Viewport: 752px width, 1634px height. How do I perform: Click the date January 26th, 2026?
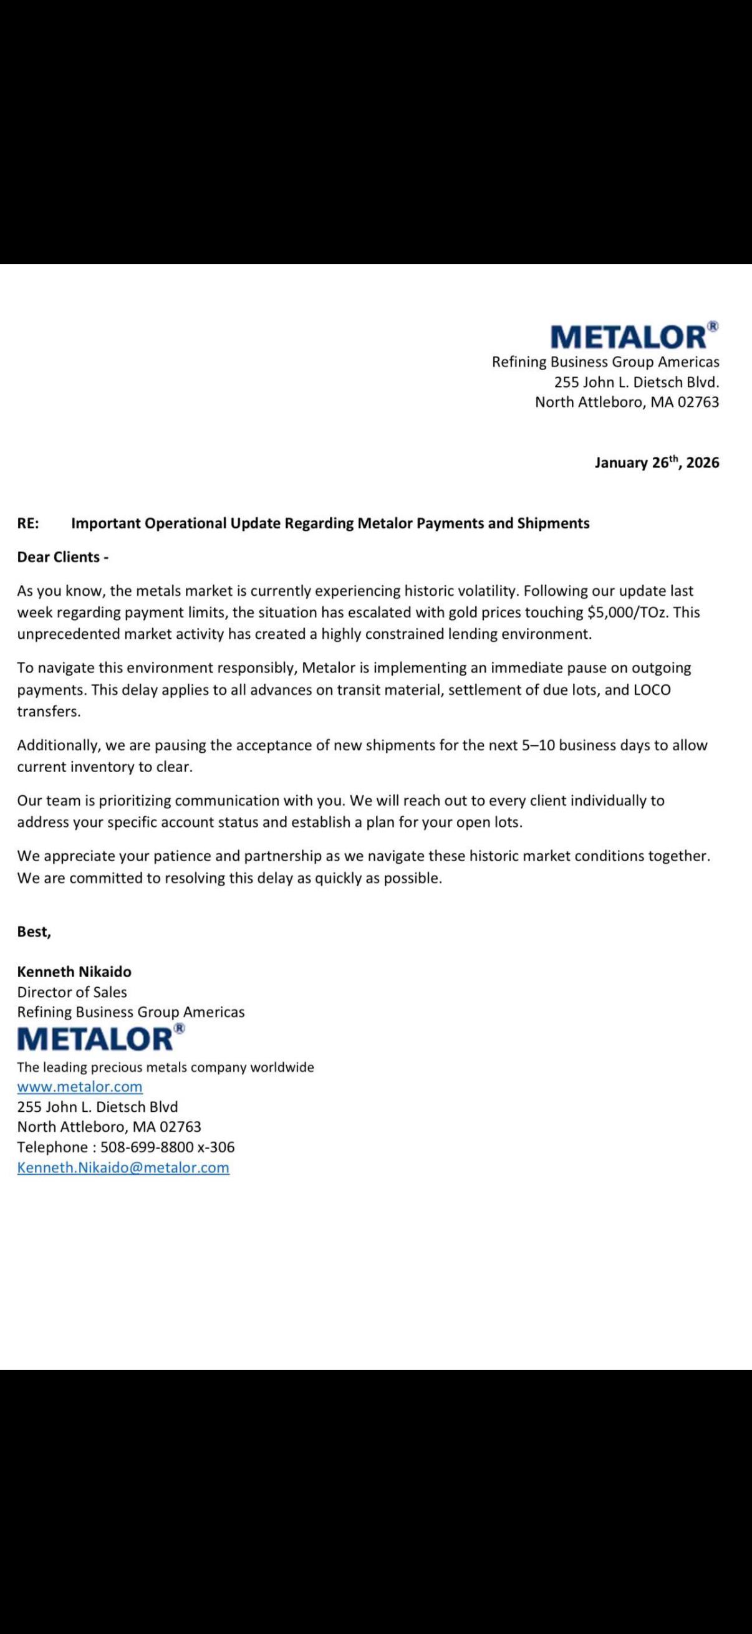point(657,462)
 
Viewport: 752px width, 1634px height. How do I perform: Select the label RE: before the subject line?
point(28,523)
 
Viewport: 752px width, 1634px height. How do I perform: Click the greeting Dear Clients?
point(62,557)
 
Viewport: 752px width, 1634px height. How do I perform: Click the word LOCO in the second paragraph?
point(652,689)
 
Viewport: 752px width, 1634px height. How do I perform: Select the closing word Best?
point(34,931)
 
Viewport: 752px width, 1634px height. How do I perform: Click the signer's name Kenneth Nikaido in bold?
point(74,972)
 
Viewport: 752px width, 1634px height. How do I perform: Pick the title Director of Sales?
point(72,992)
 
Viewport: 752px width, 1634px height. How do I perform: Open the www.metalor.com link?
point(80,1087)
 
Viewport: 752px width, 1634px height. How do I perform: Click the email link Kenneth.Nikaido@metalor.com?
point(123,1168)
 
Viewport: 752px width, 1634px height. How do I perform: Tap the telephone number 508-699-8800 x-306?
point(168,1147)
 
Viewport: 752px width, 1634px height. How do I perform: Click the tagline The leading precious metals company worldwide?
point(166,1067)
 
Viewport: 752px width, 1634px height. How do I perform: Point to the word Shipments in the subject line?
point(553,523)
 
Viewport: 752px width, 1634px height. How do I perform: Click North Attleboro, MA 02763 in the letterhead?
point(627,402)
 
